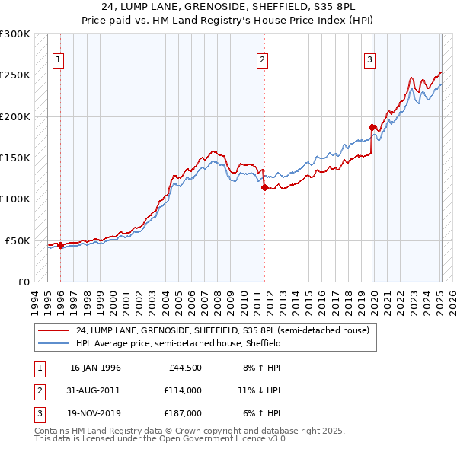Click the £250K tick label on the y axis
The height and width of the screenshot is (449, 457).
(15, 75)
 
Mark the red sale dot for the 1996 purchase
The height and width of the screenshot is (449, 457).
(60, 245)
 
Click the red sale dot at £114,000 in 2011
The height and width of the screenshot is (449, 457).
(264, 187)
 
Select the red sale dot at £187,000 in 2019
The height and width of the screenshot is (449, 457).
(372, 127)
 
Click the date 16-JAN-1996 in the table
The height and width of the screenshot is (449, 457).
(95, 368)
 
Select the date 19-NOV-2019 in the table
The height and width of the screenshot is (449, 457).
(95, 413)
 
